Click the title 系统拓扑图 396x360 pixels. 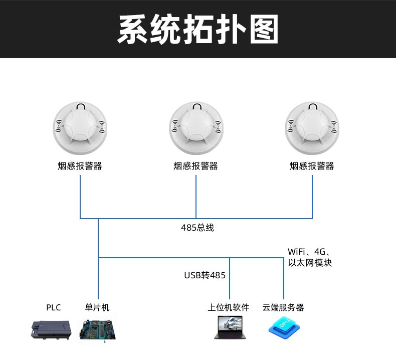pyautogui.click(x=197, y=29)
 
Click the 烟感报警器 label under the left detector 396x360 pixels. pyautogui.click(x=80, y=166)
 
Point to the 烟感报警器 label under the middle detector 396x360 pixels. pyautogui.click(x=196, y=166)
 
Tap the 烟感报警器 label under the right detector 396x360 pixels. pyautogui.click(x=312, y=166)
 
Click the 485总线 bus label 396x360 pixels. pyautogui.click(x=197, y=228)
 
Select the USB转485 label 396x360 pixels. pyautogui.click(x=205, y=275)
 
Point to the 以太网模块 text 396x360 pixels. pyautogui.click(x=310, y=263)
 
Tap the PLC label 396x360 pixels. pyautogui.click(x=53, y=307)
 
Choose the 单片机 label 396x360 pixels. pyautogui.click(x=97, y=307)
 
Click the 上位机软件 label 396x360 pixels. pyautogui.click(x=229, y=307)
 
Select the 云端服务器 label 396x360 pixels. pyautogui.click(x=283, y=307)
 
